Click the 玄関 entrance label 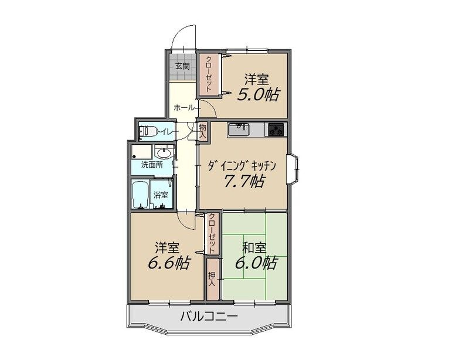182,66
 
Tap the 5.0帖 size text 259,95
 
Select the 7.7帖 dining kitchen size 244,181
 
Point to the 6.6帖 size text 169,263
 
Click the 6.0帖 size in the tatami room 256,263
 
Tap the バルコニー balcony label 209,316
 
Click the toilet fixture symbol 148,131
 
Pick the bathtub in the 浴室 141,195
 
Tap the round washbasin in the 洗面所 164,154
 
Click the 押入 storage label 212,279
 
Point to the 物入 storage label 203,131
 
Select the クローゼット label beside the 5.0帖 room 209,74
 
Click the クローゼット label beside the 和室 212,233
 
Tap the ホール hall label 184,108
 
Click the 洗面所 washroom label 152,165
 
